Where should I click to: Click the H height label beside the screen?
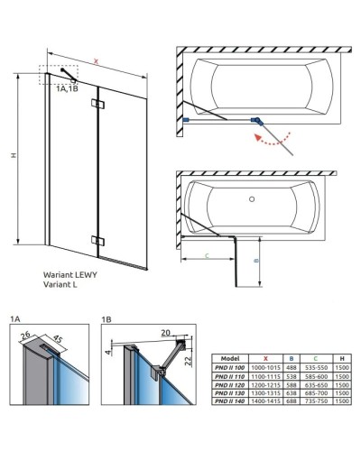click(x=13, y=155)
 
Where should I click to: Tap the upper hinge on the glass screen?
click(x=97, y=106)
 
